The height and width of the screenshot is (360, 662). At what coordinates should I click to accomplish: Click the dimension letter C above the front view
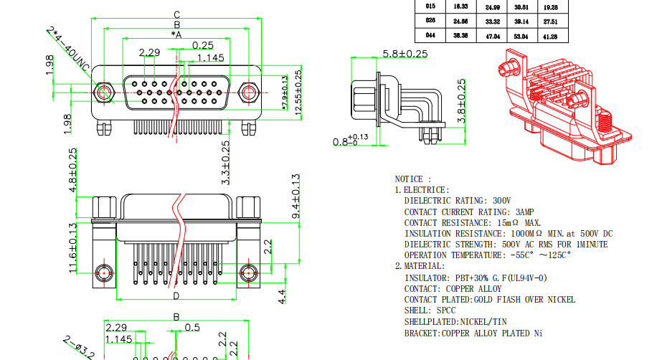coord(176,14)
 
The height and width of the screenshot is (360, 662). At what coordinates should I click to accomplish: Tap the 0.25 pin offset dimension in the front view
coord(203,45)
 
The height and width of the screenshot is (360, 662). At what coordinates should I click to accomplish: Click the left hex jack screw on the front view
coord(105,93)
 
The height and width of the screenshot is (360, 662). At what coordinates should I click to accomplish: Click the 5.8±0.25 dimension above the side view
coord(394,53)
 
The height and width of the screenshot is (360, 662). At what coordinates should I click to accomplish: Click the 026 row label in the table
coord(430,21)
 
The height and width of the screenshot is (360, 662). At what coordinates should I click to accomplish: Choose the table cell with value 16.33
coord(460,6)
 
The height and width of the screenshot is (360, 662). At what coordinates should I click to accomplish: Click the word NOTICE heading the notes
coord(412,179)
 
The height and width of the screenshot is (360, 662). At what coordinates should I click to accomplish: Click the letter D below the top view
coord(176,295)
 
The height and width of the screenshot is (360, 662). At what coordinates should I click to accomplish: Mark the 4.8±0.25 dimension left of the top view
coord(72,171)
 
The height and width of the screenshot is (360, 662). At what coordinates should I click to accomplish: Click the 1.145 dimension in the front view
coord(211,57)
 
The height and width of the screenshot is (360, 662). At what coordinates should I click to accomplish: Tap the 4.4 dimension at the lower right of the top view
coord(283,295)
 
